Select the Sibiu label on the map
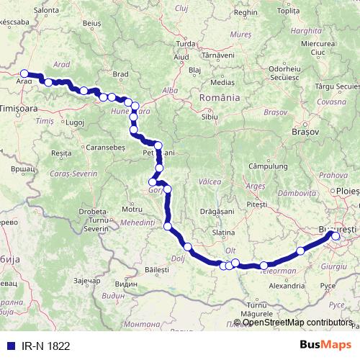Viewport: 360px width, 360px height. click(210, 116)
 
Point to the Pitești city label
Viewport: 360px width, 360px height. click(256, 205)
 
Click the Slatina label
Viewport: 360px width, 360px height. click(224, 233)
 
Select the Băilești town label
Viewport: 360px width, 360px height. click(156, 270)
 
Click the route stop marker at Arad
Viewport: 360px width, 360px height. click(24, 73)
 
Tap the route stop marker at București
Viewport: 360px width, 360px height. click(336, 235)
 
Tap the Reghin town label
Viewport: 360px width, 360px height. click(246, 12)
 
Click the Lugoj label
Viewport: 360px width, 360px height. click(76, 122)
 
